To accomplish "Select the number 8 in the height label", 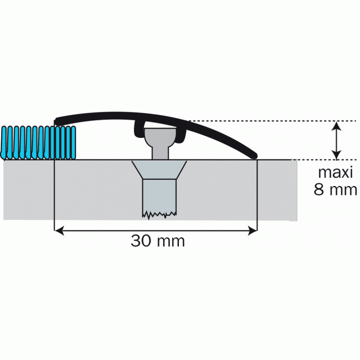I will click(x=319, y=190).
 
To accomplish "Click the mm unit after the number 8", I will click(x=342, y=190).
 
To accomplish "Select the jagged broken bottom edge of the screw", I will click(x=158, y=213).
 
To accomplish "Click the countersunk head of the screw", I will click(x=159, y=170).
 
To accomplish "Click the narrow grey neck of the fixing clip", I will click(x=158, y=150).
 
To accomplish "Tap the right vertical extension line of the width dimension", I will click(x=259, y=199).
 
